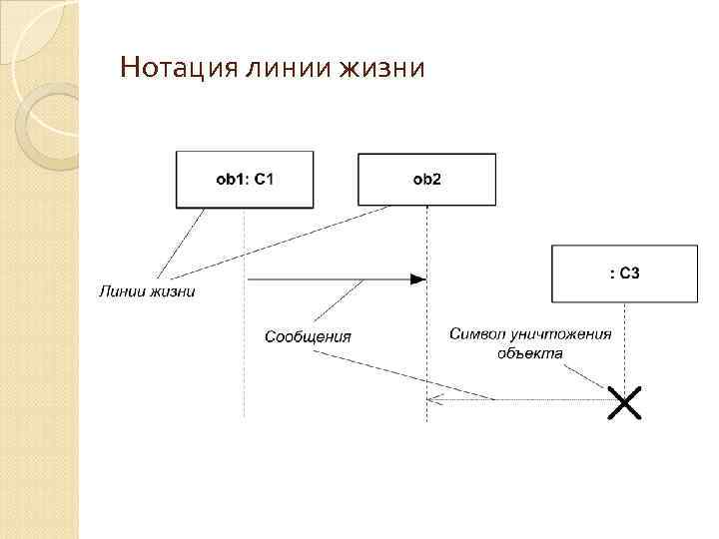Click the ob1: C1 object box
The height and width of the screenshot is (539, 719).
[245, 180]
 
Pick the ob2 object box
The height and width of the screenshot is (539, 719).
[426, 180]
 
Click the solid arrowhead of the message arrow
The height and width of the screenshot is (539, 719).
[418, 280]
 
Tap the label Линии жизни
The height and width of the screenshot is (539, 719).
[147, 291]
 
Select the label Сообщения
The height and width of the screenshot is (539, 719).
[308, 336]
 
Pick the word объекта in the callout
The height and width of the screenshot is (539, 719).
[530, 352]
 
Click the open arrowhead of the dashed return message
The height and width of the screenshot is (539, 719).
[431, 400]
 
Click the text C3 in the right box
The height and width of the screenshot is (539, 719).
[629, 273]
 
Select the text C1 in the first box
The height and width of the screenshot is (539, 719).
[264, 180]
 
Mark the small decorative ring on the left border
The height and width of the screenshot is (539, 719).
[48, 126]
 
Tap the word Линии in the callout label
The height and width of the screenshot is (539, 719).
[121, 291]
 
